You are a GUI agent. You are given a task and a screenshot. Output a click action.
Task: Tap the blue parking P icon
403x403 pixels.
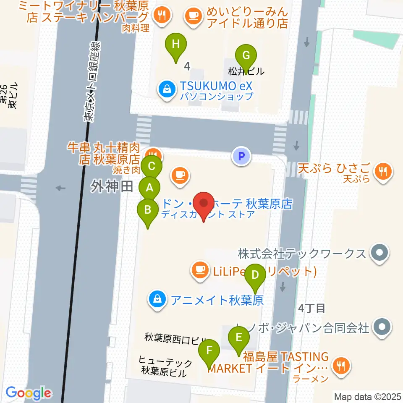pyautogui.click(x=241, y=157)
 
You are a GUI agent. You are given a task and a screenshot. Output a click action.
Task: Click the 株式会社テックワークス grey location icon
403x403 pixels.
pyautogui.click(x=380, y=253)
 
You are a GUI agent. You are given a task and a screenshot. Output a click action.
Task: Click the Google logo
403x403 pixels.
pyautogui.click(x=28, y=393)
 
